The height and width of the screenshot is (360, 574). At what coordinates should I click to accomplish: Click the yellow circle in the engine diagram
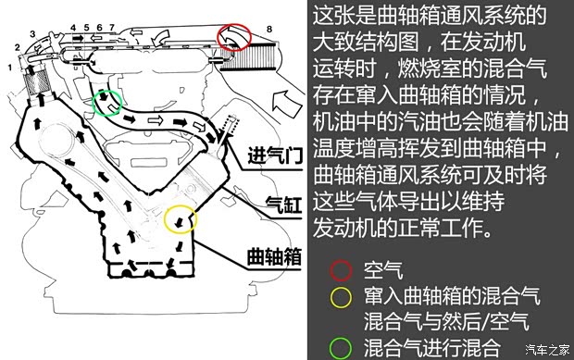tap(181, 220)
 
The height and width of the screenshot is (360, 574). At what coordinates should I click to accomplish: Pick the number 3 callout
tap(32, 34)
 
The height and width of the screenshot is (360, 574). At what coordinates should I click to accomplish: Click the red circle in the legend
tap(342, 270)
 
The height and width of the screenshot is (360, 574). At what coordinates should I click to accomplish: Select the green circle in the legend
tap(342, 348)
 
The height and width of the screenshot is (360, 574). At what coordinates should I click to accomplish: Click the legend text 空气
tap(383, 270)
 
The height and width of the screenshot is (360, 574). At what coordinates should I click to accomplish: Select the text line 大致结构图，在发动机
tap(430, 43)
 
